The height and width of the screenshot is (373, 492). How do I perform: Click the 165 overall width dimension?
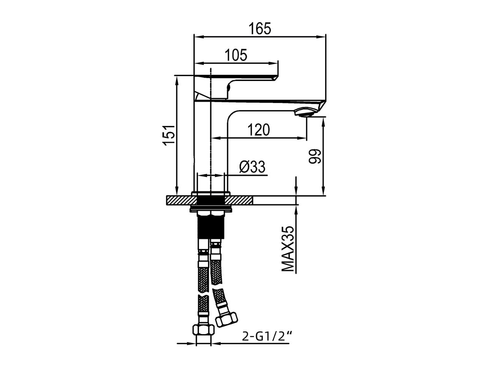pyautogui.click(x=259, y=29)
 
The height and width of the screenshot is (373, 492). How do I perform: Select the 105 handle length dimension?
pyautogui.click(x=236, y=55)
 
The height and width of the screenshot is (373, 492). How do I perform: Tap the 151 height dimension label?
pyautogui.click(x=170, y=135)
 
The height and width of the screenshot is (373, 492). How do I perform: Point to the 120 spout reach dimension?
pyautogui.click(x=258, y=130)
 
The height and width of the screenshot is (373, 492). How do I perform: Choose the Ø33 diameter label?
pyautogui.click(x=252, y=167)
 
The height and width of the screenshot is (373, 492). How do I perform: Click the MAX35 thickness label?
pyautogui.click(x=288, y=249)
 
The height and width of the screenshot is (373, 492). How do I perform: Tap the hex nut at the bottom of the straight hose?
pyautogui.click(x=204, y=330)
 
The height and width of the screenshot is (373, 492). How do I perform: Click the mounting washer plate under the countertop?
pyautogui.click(x=211, y=209)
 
